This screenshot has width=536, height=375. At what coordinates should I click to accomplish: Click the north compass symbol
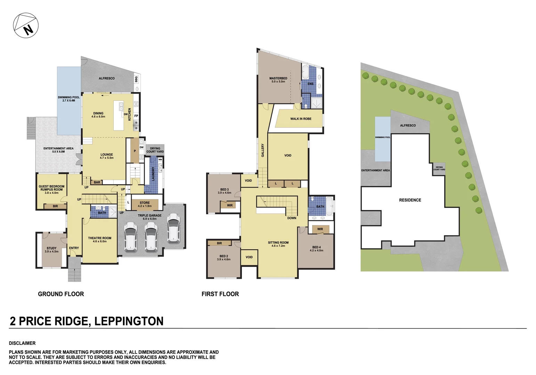pos(26,25)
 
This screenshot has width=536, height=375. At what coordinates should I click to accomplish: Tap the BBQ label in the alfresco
pos(136,79)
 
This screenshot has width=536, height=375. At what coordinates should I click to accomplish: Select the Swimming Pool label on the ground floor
pos(68,99)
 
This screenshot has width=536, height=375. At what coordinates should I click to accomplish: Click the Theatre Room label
pos(99,240)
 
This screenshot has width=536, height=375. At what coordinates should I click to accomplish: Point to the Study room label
pos(51,250)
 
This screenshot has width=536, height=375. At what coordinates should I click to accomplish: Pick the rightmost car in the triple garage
pos(173,228)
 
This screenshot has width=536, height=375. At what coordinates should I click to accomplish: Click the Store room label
pos(145,204)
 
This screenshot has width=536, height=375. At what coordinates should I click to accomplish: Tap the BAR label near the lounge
pos(97,182)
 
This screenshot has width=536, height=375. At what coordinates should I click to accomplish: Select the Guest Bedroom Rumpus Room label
pos(51,189)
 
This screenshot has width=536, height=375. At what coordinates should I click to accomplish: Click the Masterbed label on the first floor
pos(278,80)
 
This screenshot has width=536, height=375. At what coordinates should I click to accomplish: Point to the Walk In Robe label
pos(301,119)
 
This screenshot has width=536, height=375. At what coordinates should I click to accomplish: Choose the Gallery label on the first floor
pos(263,150)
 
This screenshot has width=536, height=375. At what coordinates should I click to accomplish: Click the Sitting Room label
pos(278,244)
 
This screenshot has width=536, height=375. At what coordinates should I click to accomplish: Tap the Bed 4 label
pos(316,249)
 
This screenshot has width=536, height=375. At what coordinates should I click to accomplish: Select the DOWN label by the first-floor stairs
pos(292,218)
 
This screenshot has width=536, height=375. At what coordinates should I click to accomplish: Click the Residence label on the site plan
pos(410,200)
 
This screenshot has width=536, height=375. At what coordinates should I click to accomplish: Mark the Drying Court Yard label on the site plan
pos(439,168)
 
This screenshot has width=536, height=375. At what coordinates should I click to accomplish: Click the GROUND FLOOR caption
pos(61,294)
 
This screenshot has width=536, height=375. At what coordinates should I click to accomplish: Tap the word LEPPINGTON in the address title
pos(129,321)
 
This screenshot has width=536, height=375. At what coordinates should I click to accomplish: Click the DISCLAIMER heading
pos(22,343)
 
